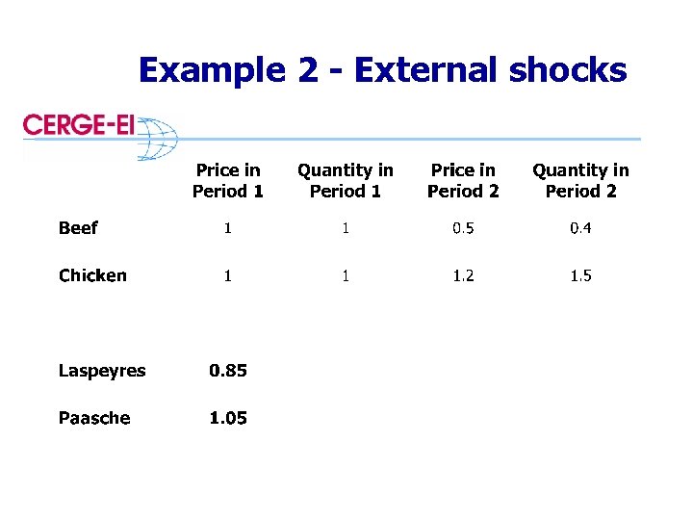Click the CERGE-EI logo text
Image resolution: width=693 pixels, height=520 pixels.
[x=79, y=126]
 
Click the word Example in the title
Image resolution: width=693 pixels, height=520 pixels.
[x=211, y=70]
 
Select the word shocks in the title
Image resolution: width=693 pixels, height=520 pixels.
[x=567, y=70]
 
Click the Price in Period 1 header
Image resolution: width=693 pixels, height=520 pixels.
[x=228, y=180]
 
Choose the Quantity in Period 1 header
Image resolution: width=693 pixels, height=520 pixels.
[x=346, y=180]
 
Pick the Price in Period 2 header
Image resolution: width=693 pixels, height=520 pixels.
[x=463, y=180]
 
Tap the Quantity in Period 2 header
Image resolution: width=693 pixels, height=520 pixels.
[x=580, y=180]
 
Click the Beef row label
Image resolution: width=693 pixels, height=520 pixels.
[x=78, y=228]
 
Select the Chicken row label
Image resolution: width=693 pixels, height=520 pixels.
[x=92, y=275]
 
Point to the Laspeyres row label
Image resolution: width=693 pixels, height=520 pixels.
[x=102, y=371]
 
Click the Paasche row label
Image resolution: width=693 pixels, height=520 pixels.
[x=94, y=418]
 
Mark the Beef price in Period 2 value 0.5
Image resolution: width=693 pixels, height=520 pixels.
[x=463, y=228]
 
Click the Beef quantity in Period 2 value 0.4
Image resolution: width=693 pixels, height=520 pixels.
[x=580, y=228]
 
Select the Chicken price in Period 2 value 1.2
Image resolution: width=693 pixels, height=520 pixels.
[x=463, y=275]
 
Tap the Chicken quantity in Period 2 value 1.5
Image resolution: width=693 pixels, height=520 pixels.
[x=580, y=275]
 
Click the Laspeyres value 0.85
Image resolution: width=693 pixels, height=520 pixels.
[x=228, y=371]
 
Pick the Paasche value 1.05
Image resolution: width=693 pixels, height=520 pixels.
[x=228, y=418]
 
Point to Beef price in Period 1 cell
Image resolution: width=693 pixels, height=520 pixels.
[x=228, y=228]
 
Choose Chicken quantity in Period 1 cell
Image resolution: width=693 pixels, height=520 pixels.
[x=346, y=275]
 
